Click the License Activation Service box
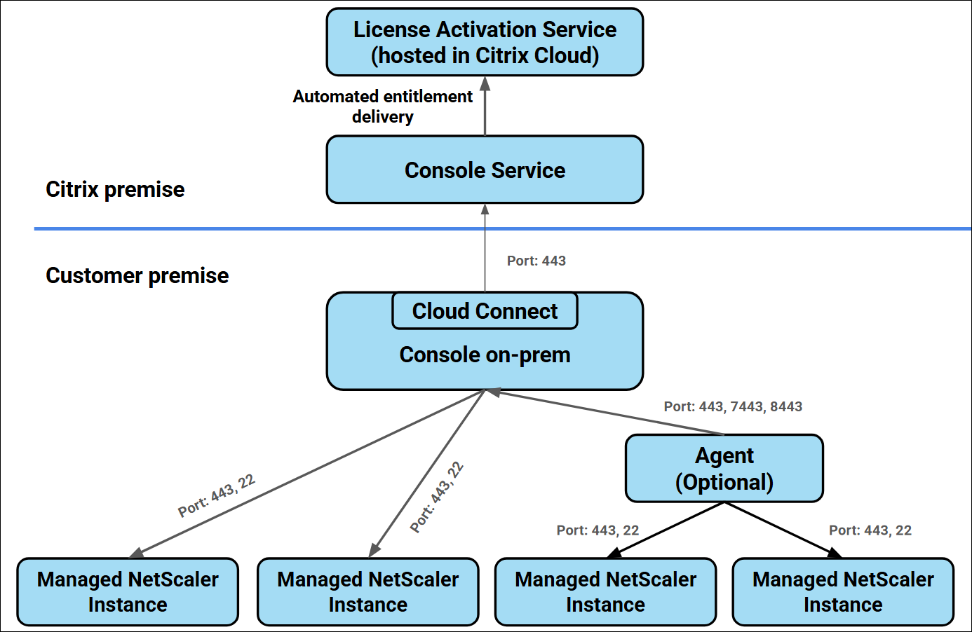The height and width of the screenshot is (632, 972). coord(485,42)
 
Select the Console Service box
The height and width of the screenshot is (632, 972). coord(485,170)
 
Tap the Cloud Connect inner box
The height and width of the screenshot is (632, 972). coord(485,311)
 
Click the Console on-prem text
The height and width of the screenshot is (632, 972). coord(485,355)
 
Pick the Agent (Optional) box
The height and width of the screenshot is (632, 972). coord(724,468)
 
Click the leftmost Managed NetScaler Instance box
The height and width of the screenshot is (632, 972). coord(128,591)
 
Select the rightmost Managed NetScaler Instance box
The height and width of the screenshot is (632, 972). coord(843,591)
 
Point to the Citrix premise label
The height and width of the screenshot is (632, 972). coord(115,189)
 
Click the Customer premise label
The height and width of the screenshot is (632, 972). coord(137,275)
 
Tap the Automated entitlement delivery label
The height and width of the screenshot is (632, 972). coord(382,107)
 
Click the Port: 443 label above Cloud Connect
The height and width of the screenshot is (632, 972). coord(536,261)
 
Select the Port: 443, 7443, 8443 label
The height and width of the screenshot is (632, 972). coord(733,406)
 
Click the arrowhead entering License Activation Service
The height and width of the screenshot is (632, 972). coord(485,84)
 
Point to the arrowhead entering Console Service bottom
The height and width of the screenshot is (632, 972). coord(485,209)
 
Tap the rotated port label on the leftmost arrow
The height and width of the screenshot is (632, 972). coord(216,495)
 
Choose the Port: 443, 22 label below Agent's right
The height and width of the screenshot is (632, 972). coord(870,530)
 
